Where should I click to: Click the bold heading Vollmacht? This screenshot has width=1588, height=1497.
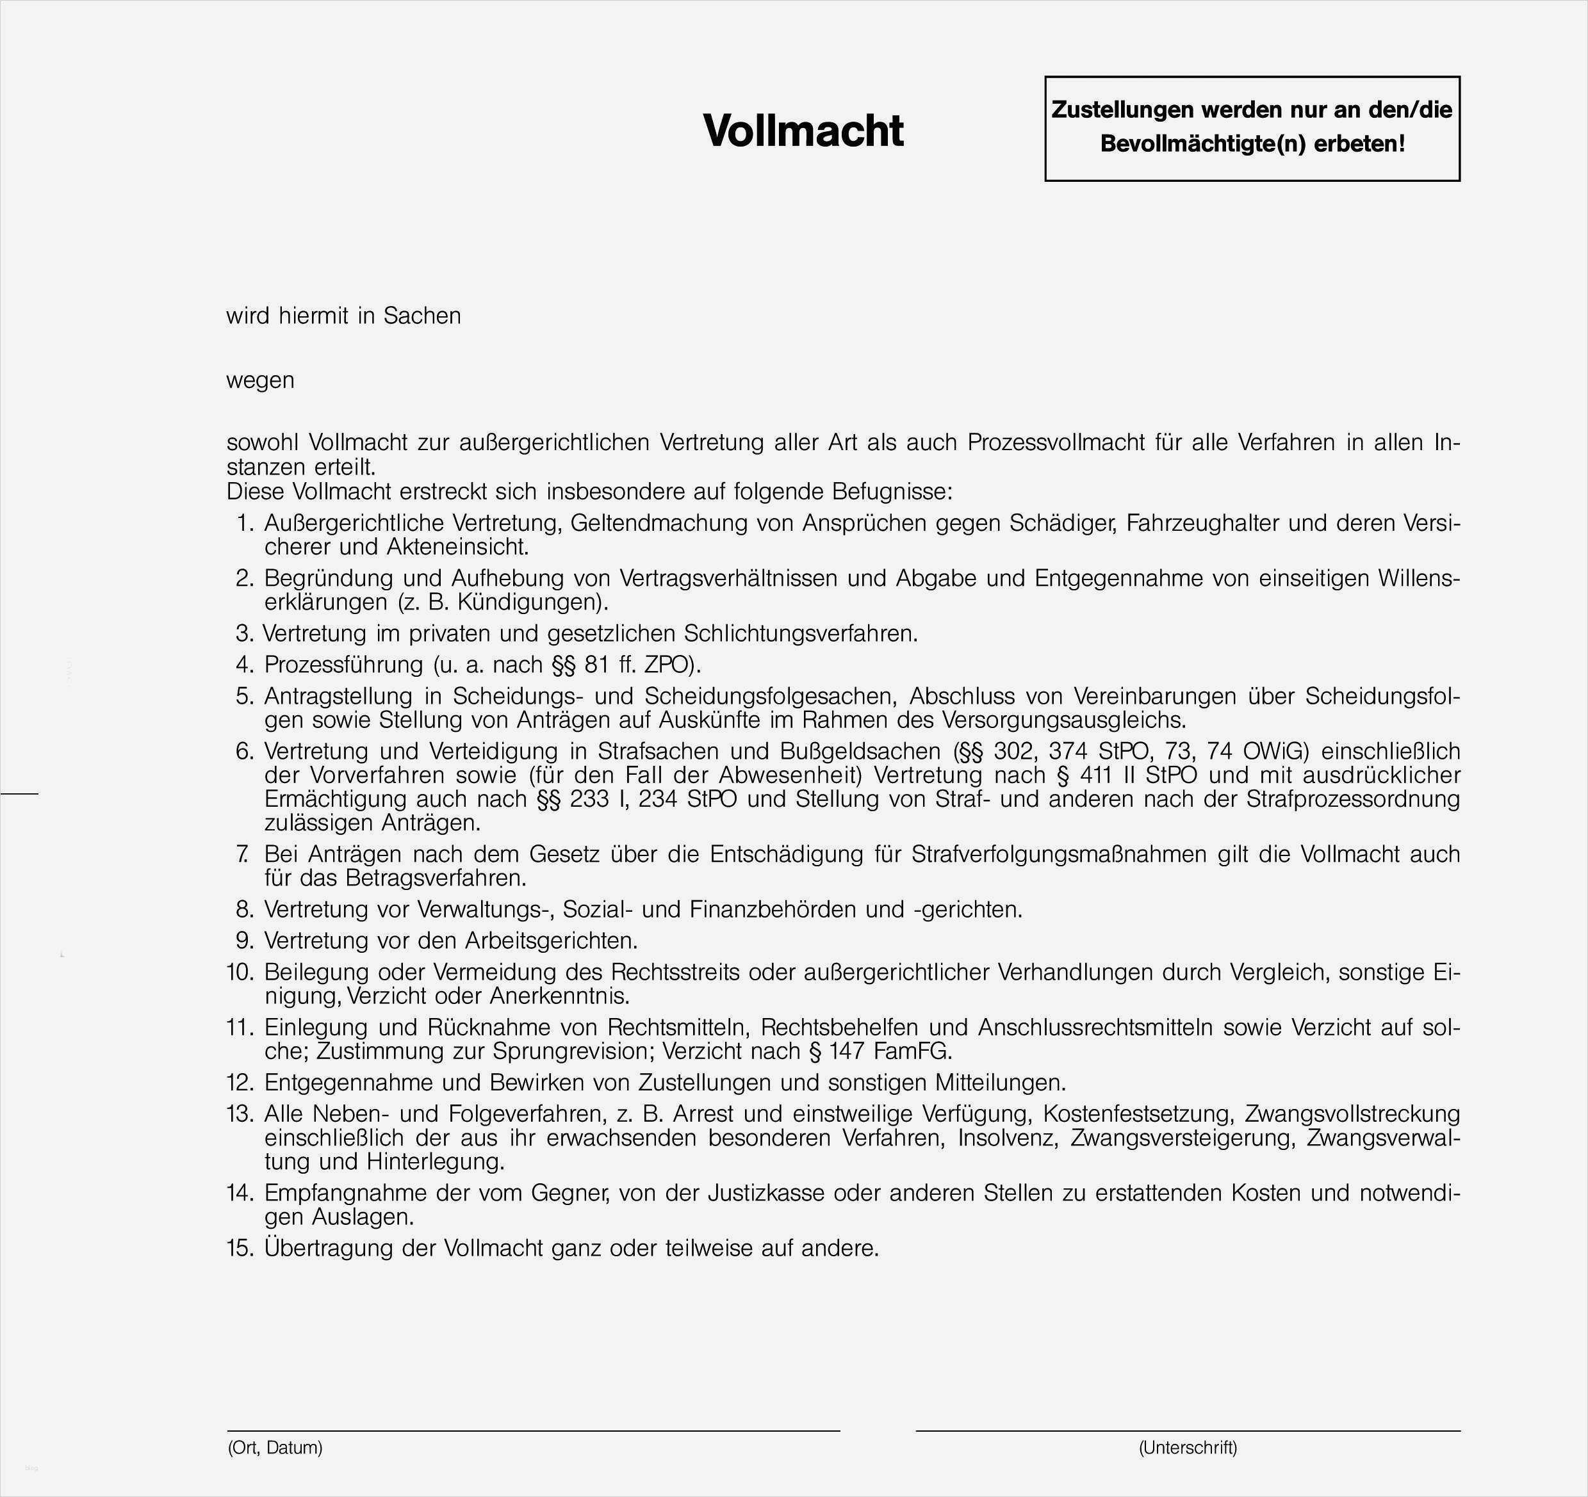click(803, 130)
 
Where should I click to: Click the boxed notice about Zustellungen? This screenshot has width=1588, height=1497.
click(1252, 128)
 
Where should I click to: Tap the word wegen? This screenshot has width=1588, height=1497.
click(261, 380)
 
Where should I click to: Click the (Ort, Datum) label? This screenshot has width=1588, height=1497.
click(275, 1448)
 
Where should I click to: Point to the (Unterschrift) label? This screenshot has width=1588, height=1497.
click(1188, 1448)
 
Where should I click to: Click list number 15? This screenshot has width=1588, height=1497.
click(240, 1248)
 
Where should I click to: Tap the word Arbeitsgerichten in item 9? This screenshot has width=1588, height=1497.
click(551, 941)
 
